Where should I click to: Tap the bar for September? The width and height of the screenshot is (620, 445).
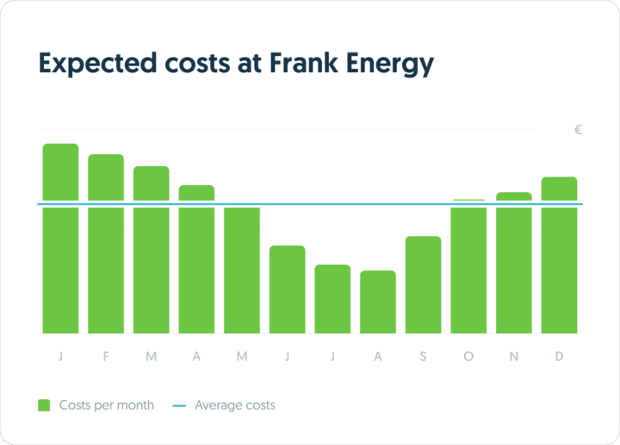tap(423, 285)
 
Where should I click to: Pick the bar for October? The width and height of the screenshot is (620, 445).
tap(468, 267)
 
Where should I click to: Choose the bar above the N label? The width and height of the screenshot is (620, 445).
tap(514, 263)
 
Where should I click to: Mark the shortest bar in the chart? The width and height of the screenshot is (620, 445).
tap(378, 302)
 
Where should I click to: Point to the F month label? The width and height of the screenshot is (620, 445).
tap(106, 357)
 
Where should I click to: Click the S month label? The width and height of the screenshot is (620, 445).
tap(423, 357)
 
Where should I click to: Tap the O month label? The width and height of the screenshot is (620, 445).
tap(468, 357)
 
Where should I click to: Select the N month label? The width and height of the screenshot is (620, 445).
tap(514, 357)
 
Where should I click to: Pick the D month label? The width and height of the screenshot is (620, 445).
tap(559, 357)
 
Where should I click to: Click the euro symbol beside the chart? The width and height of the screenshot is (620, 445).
tap(579, 130)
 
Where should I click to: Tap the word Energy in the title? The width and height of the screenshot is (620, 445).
tap(391, 64)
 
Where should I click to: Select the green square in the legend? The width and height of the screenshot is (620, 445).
tap(44, 405)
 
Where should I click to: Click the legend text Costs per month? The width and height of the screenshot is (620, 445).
tap(107, 405)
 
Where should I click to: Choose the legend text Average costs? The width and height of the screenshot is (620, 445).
tap(235, 405)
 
